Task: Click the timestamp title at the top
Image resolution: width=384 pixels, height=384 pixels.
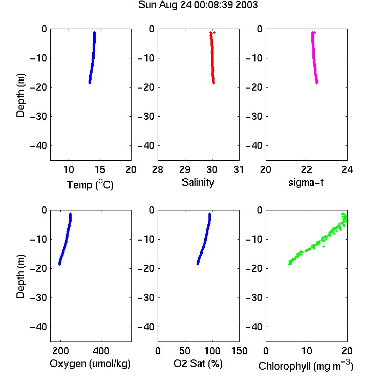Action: [x=198, y=5]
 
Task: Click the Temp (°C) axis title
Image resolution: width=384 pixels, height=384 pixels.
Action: [x=90, y=184]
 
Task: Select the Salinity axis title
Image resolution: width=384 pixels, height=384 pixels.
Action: [x=198, y=182]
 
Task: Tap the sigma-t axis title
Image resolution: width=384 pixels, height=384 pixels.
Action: [x=306, y=182]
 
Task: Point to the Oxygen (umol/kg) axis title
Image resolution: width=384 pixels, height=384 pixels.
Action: [x=90, y=364]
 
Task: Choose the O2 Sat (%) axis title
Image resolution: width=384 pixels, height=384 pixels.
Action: [x=198, y=364]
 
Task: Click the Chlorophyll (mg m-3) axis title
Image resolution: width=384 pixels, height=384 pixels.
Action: [x=306, y=366]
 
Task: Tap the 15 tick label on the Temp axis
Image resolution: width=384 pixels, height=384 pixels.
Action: [x=100, y=169]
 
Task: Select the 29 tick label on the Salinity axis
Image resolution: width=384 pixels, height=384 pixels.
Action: [x=185, y=169]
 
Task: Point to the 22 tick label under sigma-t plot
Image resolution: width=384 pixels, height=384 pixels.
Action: [x=307, y=169]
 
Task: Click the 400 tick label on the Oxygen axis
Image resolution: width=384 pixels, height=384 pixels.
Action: [x=101, y=351]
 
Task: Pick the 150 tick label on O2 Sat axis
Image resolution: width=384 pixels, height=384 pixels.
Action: [x=239, y=351]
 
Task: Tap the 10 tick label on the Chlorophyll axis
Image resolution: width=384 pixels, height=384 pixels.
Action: [x=307, y=351]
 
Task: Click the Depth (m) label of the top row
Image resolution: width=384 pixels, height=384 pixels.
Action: [x=20, y=95]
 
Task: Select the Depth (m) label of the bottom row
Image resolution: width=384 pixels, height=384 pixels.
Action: [x=20, y=276]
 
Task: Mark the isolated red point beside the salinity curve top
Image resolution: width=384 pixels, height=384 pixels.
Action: [x=215, y=32]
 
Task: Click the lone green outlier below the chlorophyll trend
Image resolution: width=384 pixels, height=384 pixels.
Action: [x=324, y=246]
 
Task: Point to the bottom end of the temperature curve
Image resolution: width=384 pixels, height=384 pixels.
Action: [x=90, y=83]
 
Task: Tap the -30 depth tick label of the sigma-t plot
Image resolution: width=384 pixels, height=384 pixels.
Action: [x=254, y=117]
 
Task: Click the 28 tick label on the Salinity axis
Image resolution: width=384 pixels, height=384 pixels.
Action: [x=158, y=169]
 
